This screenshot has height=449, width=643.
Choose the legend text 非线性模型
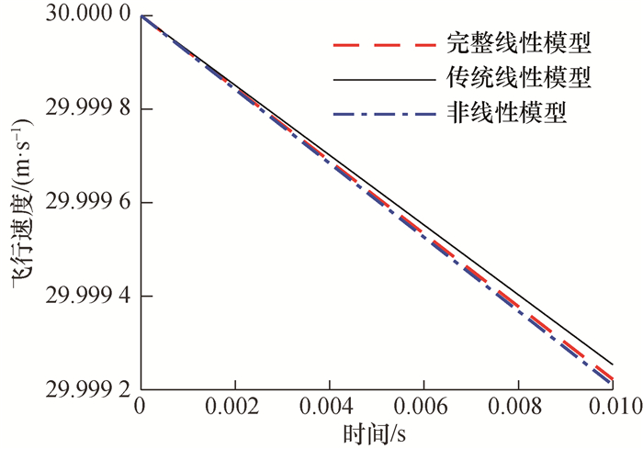506,114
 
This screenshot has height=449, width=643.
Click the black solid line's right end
612,362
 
